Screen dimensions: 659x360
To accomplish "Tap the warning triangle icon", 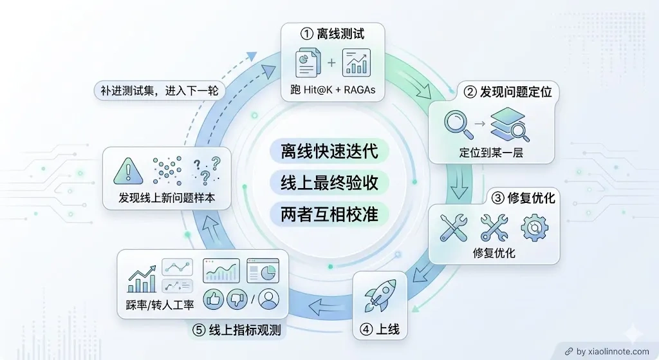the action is point(128,171).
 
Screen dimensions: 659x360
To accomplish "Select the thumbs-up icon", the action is point(214,299).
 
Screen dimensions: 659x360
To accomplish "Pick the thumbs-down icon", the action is point(237,299).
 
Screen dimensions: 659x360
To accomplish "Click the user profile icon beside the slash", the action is point(268,299).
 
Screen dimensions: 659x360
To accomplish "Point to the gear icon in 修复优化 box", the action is point(534,227).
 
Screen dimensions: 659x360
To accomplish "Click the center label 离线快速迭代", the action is point(329,151).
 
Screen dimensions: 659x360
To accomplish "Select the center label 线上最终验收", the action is point(329,183).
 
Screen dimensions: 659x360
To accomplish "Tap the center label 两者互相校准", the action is point(329,214).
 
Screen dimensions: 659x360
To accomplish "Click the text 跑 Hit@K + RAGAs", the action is point(333,90).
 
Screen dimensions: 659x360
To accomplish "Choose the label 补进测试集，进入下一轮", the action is point(160,90).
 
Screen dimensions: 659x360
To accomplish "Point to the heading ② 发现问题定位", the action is point(508,91).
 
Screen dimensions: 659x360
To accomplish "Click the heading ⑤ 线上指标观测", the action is point(237,330).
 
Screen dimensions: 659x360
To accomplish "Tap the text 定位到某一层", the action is point(491,152).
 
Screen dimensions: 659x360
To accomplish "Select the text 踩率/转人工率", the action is point(160,305).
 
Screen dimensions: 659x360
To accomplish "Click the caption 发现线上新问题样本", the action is point(167,198).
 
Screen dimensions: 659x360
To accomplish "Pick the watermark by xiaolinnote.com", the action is point(608,351).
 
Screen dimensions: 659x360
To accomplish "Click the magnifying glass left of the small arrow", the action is point(458,124).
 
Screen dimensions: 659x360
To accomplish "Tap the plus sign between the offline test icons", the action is point(331,62).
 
